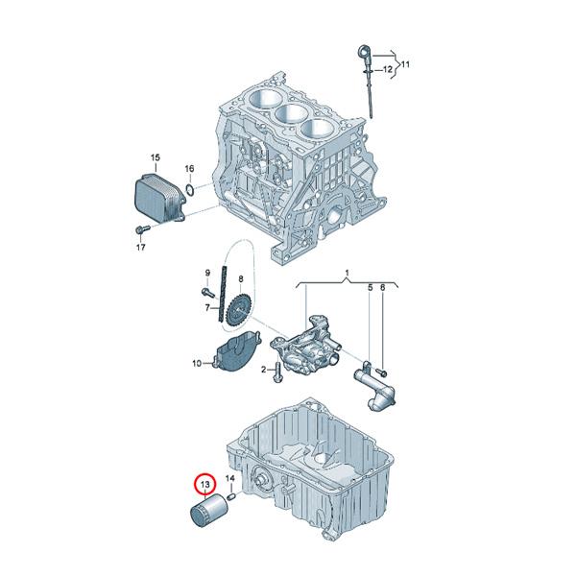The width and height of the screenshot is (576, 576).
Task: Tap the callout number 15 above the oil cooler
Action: click(x=154, y=156)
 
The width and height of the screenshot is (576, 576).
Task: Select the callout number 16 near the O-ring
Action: click(x=189, y=169)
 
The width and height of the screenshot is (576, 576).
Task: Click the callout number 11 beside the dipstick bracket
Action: click(x=404, y=64)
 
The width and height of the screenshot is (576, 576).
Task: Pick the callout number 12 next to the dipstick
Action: click(x=388, y=70)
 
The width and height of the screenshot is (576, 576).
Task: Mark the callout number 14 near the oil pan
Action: click(x=229, y=478)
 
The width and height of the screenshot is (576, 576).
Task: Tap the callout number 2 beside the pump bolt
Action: click(x=262, y=371)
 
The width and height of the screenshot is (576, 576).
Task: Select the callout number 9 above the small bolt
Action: click(x=205, y=274)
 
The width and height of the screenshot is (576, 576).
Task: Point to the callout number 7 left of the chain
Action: click(x=205, y=308)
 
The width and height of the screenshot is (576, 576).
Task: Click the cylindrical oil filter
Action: click(x=206, y=514)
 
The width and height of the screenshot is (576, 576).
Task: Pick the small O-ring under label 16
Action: click(x=193, y=190)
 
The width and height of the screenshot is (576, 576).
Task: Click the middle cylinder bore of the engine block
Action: click(x=288, y=114)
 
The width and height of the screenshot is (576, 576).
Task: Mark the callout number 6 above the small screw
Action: click(x=382, y=288)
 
